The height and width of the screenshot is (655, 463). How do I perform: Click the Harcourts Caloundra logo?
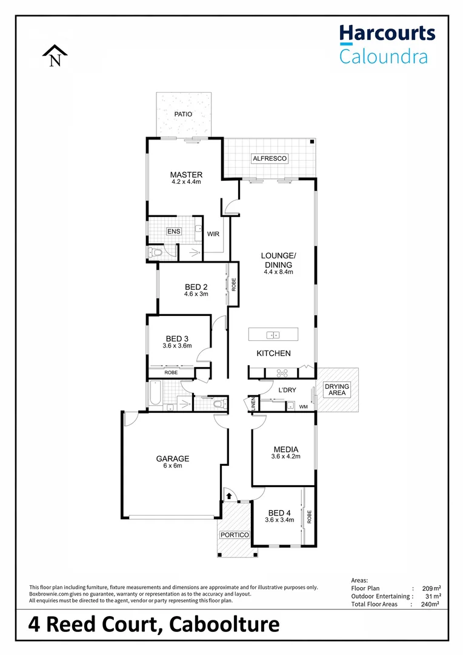click(387, 44)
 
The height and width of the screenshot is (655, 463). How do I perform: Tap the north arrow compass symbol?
click(55, 57)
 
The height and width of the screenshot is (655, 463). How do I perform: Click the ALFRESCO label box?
click(270, 159)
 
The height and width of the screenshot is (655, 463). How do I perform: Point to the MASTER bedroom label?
click(186, 175)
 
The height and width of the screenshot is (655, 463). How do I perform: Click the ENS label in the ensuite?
click(174, 231)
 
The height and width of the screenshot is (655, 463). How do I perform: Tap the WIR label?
click(213, 233)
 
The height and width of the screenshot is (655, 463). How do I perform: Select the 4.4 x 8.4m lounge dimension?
click(278, 272)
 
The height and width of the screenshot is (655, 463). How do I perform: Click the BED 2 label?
click(196, 287)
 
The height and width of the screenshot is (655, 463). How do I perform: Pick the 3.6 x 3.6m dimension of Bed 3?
click(177, 346)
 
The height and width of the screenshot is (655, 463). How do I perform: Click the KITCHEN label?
click(273, 353)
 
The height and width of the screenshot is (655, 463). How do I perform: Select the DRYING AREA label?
click(337, 390)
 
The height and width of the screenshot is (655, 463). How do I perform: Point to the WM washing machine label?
click(303, 406)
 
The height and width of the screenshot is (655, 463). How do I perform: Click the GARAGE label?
click(173, 458)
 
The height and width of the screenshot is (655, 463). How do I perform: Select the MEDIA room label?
click(285, 449)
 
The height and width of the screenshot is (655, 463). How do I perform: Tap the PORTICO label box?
click(235, 535)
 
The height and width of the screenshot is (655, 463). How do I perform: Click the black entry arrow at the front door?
click(229, 495)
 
